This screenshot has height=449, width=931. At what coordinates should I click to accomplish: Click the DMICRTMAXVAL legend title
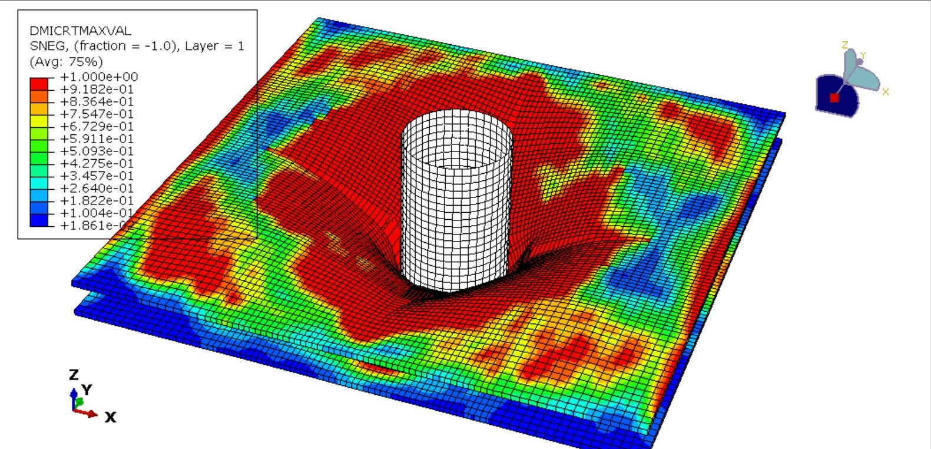(80, 31)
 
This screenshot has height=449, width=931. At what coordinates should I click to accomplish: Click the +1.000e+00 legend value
(98, 77)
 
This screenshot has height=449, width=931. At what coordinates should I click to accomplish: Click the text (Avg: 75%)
(66, 62)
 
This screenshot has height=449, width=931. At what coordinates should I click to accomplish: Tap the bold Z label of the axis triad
(74, 375)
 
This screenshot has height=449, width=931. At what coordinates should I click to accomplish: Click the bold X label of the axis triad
(110, 418)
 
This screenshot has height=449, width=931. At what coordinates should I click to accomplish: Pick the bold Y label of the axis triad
(87, 389)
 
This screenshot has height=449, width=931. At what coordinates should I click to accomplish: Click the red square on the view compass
(834, 98)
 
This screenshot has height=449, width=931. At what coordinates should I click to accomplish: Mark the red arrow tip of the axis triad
(94, 414)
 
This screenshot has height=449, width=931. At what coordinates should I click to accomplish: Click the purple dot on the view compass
(860, 62)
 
